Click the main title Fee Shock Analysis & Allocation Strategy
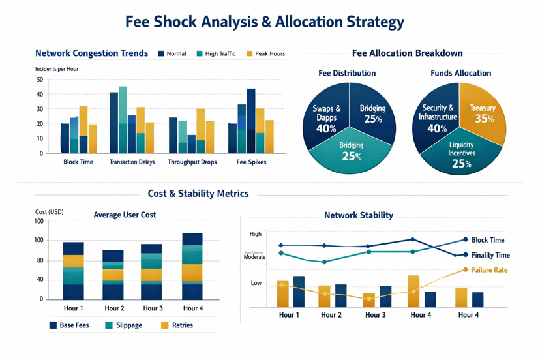[x=265, y=22]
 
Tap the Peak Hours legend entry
[x=265, y=53]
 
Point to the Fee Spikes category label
[x=250, y=162]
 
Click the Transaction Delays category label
[x=132, y=162]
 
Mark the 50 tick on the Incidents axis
[x=40, y=80]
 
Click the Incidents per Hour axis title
[x=57, y=68]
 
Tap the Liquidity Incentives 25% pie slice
[x=461, y=154]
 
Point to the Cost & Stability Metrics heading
[x=198, y=194]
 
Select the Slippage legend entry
[x=124, y=325]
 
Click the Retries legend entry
[x=177, y=325]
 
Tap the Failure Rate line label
[x=488, y=269]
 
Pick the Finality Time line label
[x=490, y=255]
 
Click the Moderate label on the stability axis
[x=254, y=257]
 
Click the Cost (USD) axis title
[x=50, y=213]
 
